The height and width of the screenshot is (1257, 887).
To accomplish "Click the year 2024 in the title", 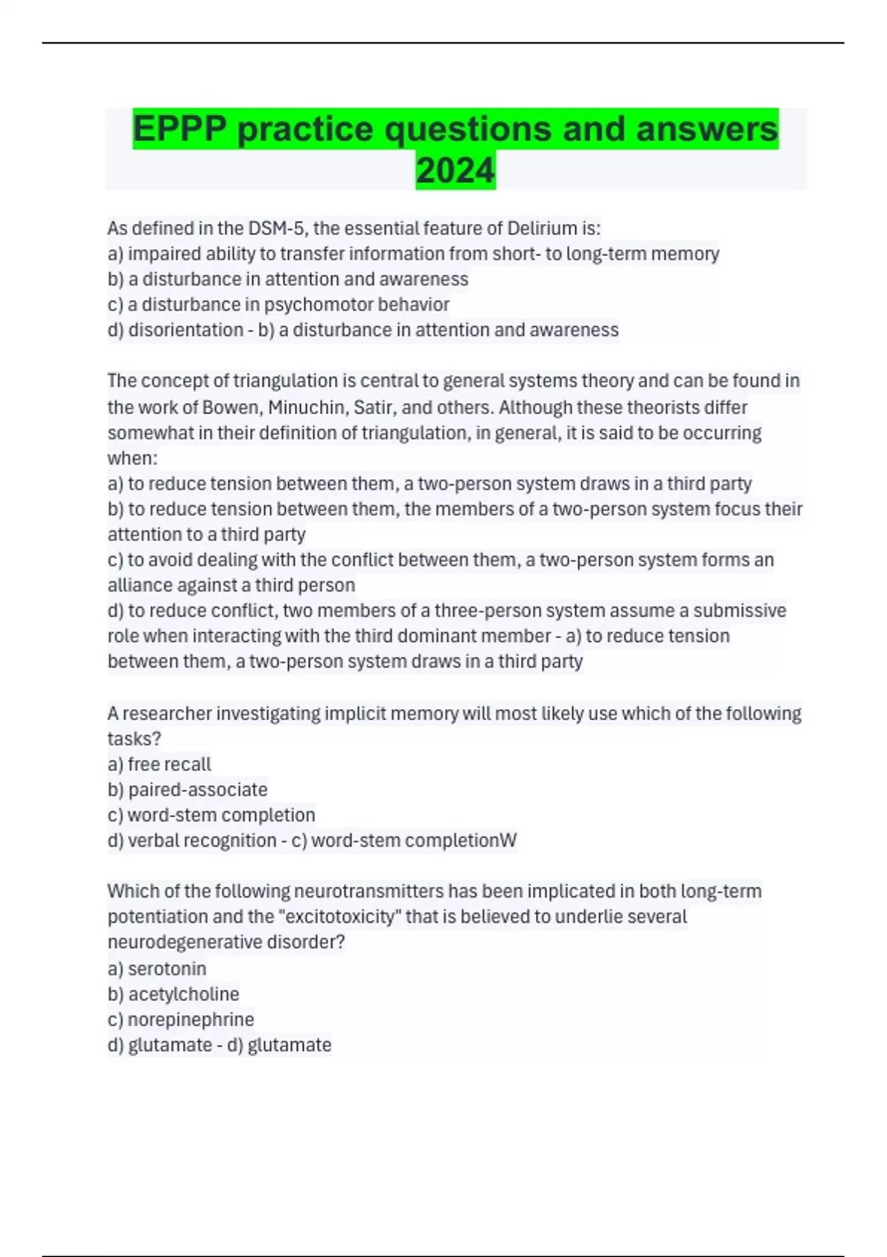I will [455, 171].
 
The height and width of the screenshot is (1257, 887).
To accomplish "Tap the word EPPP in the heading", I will [180, 129].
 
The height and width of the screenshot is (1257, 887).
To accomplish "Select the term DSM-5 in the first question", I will [275, 228].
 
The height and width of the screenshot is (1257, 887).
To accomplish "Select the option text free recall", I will [169, 765].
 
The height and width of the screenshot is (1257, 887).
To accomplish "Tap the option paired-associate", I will [197, 790].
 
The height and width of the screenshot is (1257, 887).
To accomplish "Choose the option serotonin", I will [167, 969].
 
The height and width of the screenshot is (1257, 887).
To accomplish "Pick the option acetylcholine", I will [183, 994].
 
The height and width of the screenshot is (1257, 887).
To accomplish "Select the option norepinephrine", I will [191, 1020].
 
